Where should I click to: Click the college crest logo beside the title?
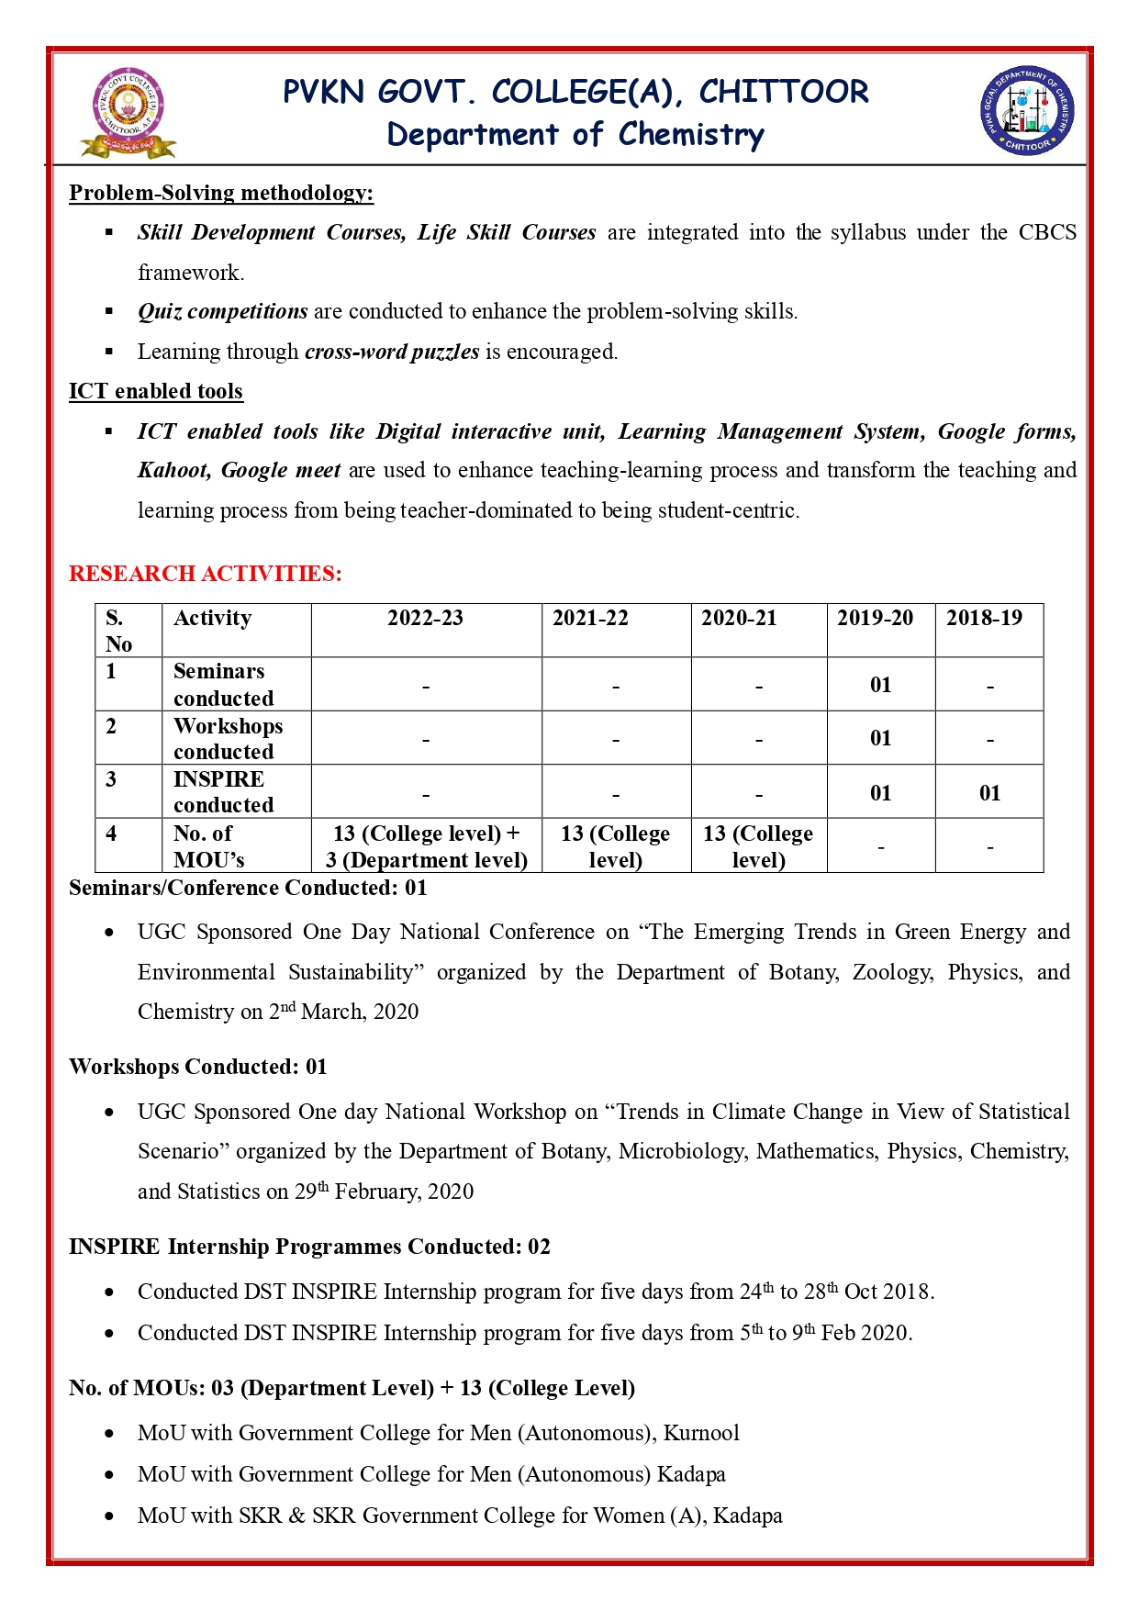coord(128,112)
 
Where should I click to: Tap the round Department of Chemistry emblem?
coord(1027,111)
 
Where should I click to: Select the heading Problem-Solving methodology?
coord(221,193)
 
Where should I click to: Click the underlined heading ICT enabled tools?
coord(156,391)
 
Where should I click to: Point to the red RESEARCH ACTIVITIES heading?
coord(206,574)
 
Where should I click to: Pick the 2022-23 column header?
coord(425,618)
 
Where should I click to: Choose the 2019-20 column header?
coord(875,618)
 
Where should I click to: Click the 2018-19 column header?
coord(984,618)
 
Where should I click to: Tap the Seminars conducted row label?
coord(223,685)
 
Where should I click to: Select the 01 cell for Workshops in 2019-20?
coord(880,738)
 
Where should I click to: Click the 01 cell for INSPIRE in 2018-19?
coord(989,793)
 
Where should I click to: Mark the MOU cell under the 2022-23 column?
coord(427,846)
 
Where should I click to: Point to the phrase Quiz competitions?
coord(223,311)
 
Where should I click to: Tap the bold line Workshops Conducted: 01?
coord(198,1067)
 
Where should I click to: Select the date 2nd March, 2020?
coord(343,1012)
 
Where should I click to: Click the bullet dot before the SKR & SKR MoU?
coord(110,1516)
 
